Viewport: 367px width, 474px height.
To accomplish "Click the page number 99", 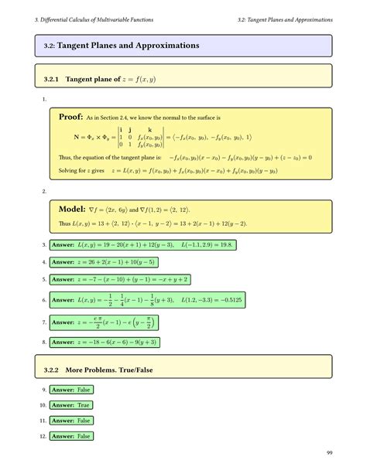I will [330, 453].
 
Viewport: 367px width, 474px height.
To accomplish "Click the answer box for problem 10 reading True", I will [71, 405].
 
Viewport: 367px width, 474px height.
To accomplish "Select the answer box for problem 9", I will [71, 390].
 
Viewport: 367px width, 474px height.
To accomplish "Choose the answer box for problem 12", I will [71, 436].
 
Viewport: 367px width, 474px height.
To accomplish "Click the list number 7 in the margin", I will [44, 322].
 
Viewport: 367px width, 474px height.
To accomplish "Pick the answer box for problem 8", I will [111, 341].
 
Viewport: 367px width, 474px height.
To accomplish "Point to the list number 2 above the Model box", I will [44, 190].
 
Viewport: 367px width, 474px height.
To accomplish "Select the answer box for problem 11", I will [71, 421].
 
